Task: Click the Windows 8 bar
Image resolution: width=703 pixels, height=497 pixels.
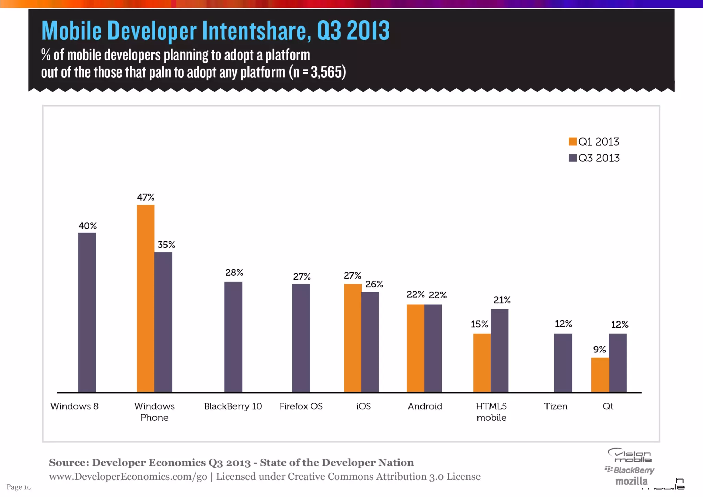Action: point(87,312)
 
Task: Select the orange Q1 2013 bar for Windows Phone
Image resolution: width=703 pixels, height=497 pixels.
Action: point(146,298)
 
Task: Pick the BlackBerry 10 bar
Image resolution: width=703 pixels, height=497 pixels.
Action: point(233,337)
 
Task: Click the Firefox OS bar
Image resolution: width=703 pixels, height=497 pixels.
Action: point(301,338)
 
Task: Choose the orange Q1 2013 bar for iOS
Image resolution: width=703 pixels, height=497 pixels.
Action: point(353,338)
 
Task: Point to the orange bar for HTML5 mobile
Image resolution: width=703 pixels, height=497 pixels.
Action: point(482,363)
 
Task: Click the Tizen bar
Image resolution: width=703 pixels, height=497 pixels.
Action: point(563,363)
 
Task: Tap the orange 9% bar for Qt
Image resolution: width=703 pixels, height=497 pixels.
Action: point(600,375)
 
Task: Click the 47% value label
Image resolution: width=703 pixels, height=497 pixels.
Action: point(146,197)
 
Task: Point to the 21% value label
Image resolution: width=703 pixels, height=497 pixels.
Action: point(502,300)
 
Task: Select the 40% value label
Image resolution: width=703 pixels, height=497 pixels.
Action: point(88,226)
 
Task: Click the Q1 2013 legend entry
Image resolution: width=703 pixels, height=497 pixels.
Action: point(594,142)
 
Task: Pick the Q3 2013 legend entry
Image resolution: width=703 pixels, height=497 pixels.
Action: point(594,158)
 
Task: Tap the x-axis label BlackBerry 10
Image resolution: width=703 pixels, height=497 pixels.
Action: point(233,406)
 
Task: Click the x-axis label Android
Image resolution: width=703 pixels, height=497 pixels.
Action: point(425,406)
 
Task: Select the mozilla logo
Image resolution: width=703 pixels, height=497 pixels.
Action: point(631,481)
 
